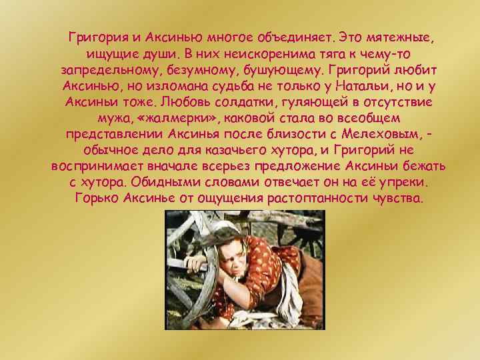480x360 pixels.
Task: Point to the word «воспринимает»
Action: (x=96, y=166)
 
